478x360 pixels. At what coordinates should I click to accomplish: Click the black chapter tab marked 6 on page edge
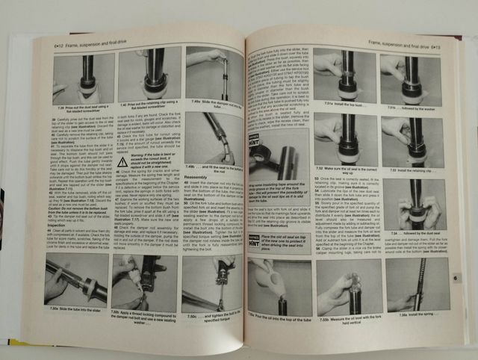pyautogui.click(x=456, y=277)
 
